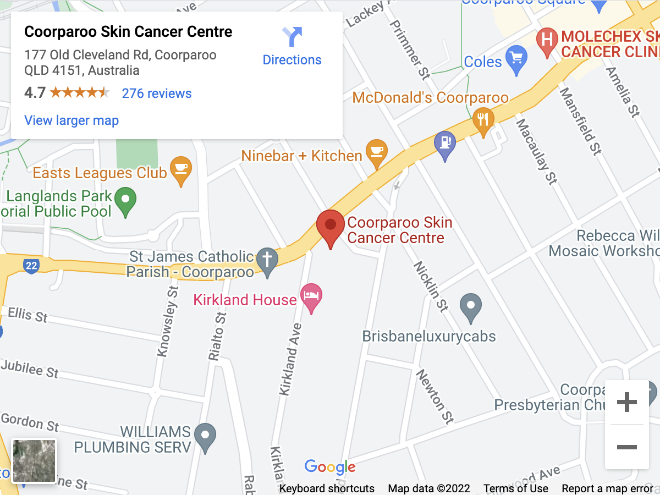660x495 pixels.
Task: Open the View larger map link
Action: pyautogui.click(x=71, y=120)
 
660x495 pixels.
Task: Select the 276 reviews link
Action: pyautogui.click(x=157, y=94)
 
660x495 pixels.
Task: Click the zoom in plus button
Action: pyautogui.click(x=626, y=403)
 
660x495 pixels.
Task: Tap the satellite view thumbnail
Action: pyautogui.click(x=34, y=461)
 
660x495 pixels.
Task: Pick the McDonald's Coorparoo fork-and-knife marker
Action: pyautogui.click(x=483, y=120)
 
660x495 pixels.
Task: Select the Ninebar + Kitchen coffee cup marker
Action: pyautogui.click(x=377, y=152)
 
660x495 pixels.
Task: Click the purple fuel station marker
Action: pyautogui.click(x=445, y=144)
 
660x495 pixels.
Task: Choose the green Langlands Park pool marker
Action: pyautogui.click(x=127, y=200)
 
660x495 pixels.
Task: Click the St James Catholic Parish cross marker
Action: pyautogui.click(x=268, y=260)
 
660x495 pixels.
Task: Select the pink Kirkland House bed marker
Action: pyautogui.click(x=311, y=296)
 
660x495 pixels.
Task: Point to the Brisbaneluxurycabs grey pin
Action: pyautogui.click(x=470, y=306)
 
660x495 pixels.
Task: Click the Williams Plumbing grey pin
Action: pyautogui.click(x=205, y=435)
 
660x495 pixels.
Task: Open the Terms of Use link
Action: pyautogui.click(x=515, y=488)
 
